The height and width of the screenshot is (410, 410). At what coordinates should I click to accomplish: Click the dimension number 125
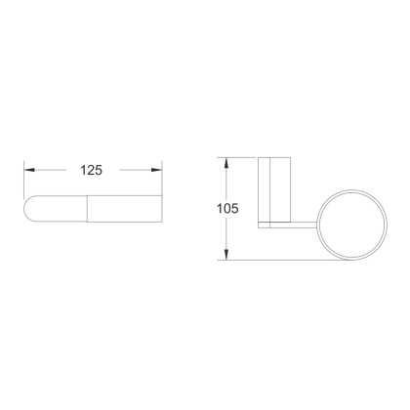[92, 170]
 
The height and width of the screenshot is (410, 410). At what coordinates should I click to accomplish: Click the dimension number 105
[227, 209]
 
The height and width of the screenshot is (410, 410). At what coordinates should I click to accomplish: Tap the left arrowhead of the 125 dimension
[29, 170]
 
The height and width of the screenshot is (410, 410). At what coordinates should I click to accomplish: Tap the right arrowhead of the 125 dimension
[157, 170]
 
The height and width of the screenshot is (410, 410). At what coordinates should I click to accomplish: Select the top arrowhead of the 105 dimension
[226, 163]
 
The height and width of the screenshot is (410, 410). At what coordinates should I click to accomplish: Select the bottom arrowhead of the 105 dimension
[226, 255]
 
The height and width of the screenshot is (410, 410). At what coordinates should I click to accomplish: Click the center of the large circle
[352, 225]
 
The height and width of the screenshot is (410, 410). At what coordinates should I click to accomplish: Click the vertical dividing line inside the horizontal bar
[87, 209]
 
